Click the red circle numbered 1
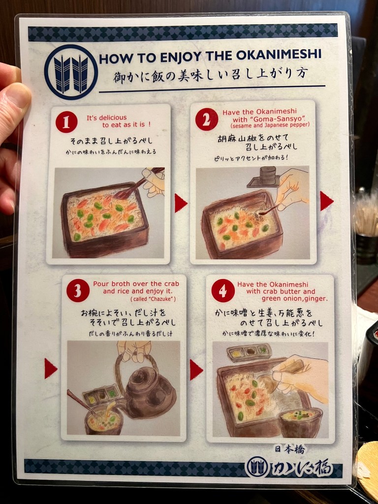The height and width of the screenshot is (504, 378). [66, 122]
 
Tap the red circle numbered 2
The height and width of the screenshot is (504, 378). [206, 119]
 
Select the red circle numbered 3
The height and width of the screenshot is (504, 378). [78, 290]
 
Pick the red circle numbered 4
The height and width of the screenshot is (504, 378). [223, 291]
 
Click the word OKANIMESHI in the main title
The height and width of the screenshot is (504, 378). [279, 55]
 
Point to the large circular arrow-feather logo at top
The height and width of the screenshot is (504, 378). [71, 72]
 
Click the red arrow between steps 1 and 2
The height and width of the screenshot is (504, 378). [181, 203]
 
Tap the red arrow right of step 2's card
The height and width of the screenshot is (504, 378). [327, 201]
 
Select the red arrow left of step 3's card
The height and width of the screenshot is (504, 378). [51, 368]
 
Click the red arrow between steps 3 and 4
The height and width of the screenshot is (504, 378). [196, 370]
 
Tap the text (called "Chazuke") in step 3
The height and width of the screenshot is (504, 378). [153, 299]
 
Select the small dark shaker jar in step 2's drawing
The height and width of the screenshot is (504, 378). [267, 176]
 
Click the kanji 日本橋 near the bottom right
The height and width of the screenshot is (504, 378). [289, 449]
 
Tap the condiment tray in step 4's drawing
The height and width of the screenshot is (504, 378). [249, 352]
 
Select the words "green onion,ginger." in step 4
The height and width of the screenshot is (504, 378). [295, 299]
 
